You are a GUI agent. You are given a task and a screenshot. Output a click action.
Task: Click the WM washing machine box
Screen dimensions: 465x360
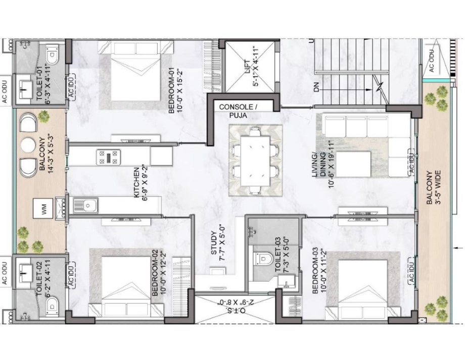coord(43,209)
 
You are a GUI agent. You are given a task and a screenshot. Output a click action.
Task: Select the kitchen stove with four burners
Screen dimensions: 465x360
coord(108,157)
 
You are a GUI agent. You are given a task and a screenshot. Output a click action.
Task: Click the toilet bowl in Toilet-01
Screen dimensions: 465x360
coord(52,55)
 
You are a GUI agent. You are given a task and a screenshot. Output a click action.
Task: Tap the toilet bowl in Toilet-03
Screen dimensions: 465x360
coord(263,259)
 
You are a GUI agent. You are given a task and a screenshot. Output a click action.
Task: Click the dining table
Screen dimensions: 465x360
coord(255,161)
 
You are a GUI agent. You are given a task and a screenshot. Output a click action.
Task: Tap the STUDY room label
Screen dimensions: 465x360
coord(218,243)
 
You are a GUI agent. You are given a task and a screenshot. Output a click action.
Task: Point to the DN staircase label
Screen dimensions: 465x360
coord(316,87)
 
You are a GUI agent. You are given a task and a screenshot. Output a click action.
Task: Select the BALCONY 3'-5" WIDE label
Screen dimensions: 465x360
coord(433,187)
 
